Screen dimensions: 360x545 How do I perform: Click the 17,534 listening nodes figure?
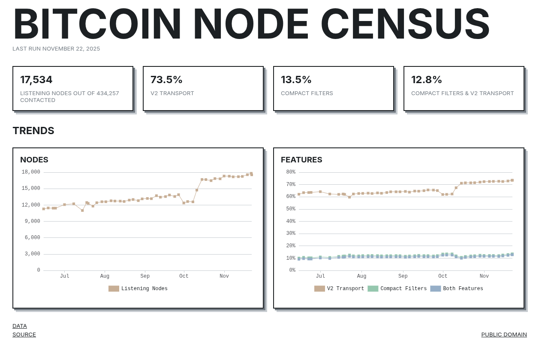(x=36, y=80)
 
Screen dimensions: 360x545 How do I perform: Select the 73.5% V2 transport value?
(x=166, y=80)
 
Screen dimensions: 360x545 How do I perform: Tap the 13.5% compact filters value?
(x=296, y=80)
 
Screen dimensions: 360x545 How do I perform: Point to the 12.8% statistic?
(x=427, y=80)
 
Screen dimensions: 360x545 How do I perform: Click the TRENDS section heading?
(x=33, y=131)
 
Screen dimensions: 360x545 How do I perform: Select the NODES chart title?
(x=34, y=160)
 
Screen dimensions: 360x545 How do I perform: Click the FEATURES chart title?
(x=301, y=160)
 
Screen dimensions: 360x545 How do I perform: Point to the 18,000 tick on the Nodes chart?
(x=31, y=172)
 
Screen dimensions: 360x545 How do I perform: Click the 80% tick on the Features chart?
(x=291, y=172)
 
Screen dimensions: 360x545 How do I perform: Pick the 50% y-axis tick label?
(x=291, y=209)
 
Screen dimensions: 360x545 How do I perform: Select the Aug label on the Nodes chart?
(x=105, y=276)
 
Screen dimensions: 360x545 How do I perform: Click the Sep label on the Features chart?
(x=403, y=276)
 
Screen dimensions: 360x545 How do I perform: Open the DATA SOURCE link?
(x=24, y=330)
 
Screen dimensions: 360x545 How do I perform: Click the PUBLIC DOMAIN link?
(x=504, y=335)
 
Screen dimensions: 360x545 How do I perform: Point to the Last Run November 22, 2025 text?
(x=56, y=49)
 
